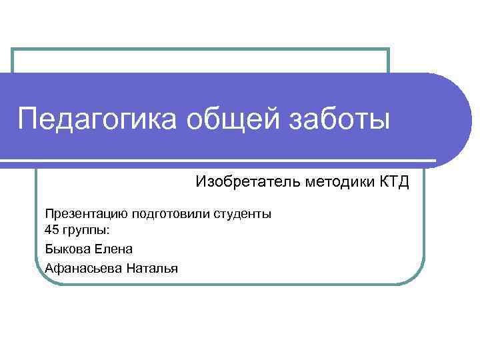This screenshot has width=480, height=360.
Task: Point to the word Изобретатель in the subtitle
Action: (248, 182)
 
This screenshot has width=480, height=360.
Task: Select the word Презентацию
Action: (86, 215)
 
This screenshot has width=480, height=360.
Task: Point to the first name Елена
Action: (116, 249)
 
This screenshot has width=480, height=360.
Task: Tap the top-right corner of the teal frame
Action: (387, 50)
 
